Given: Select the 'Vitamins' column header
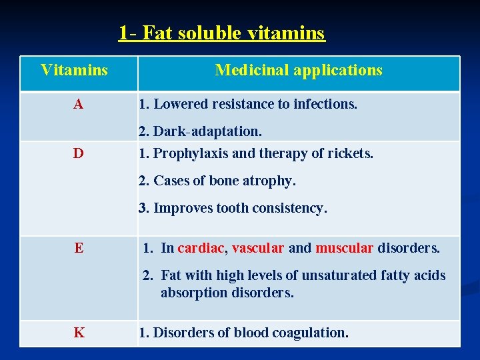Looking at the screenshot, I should [x=74, y=70].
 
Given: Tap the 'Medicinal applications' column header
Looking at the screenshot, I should [x=299, y=70].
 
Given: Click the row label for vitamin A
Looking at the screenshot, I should [x=79, y=105].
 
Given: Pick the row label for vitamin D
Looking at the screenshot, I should [x=79, y=154].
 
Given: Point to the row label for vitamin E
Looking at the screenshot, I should [x=79, y=249].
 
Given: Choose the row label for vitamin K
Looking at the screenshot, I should [x=79, y=333].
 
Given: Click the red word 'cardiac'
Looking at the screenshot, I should [x=201, y=249].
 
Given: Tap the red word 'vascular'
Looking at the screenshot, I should [x=258, y=249].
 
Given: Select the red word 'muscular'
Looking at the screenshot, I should [x=344, y=249].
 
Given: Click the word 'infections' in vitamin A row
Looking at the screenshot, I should [x=325, y=105].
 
